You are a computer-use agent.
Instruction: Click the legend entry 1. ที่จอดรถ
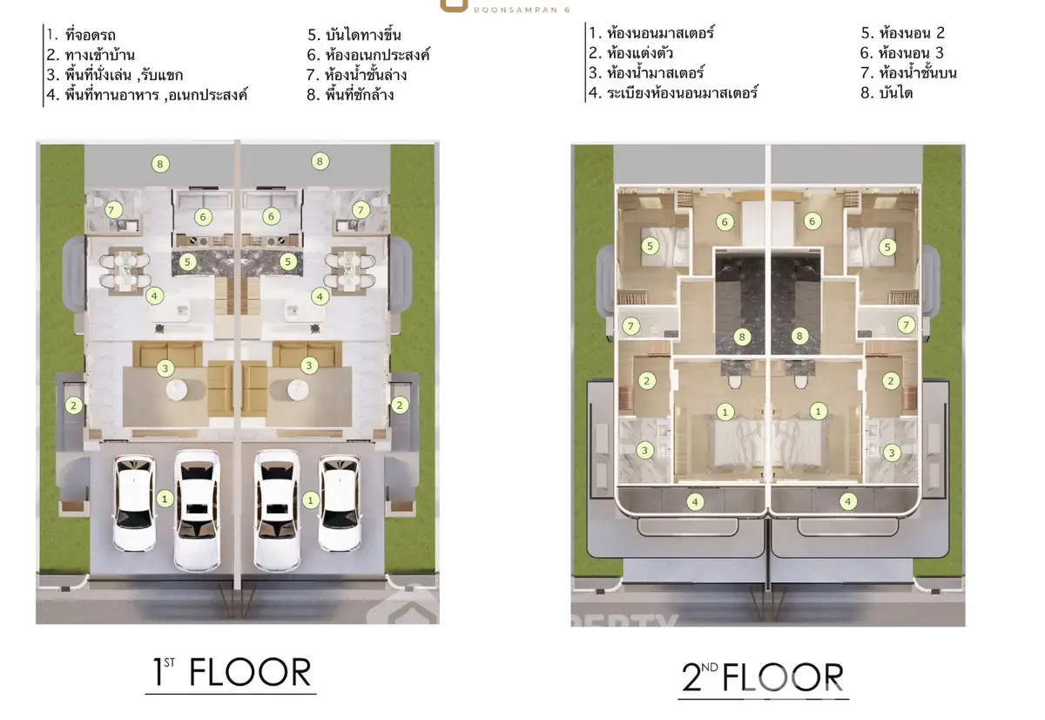pos(81,35)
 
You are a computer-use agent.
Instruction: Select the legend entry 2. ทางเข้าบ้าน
pos(91,55)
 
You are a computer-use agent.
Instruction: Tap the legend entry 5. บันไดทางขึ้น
pos(354,35)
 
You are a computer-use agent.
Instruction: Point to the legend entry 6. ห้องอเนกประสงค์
pos(368,55)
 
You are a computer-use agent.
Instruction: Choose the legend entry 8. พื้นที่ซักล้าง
pos(350,95)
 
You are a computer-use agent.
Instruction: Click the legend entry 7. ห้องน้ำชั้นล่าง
pos(357,75)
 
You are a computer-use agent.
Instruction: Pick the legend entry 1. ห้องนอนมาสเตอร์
pos(651,33)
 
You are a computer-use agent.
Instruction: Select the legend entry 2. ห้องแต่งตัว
pos(630,53)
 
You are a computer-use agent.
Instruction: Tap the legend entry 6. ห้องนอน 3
pos(902,53)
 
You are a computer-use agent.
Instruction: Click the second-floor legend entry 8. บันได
pos(887,93)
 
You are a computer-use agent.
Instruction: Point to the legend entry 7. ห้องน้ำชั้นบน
pos(909,73)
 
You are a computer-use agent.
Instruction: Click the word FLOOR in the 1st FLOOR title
pos(250,672)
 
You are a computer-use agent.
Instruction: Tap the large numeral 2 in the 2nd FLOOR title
pos(691,677)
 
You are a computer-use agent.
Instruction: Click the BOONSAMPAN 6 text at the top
pos(522,10)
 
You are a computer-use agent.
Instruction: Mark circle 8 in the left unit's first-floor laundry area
pos(160,164)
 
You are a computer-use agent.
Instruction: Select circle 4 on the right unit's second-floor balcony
pos(847,501)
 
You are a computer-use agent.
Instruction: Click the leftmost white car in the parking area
pos(134,503)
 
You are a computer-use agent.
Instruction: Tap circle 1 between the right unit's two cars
pos(310,500)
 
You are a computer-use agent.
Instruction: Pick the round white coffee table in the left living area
pos(176,390)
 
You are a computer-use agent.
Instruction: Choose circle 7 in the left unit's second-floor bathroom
pos(630,326)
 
